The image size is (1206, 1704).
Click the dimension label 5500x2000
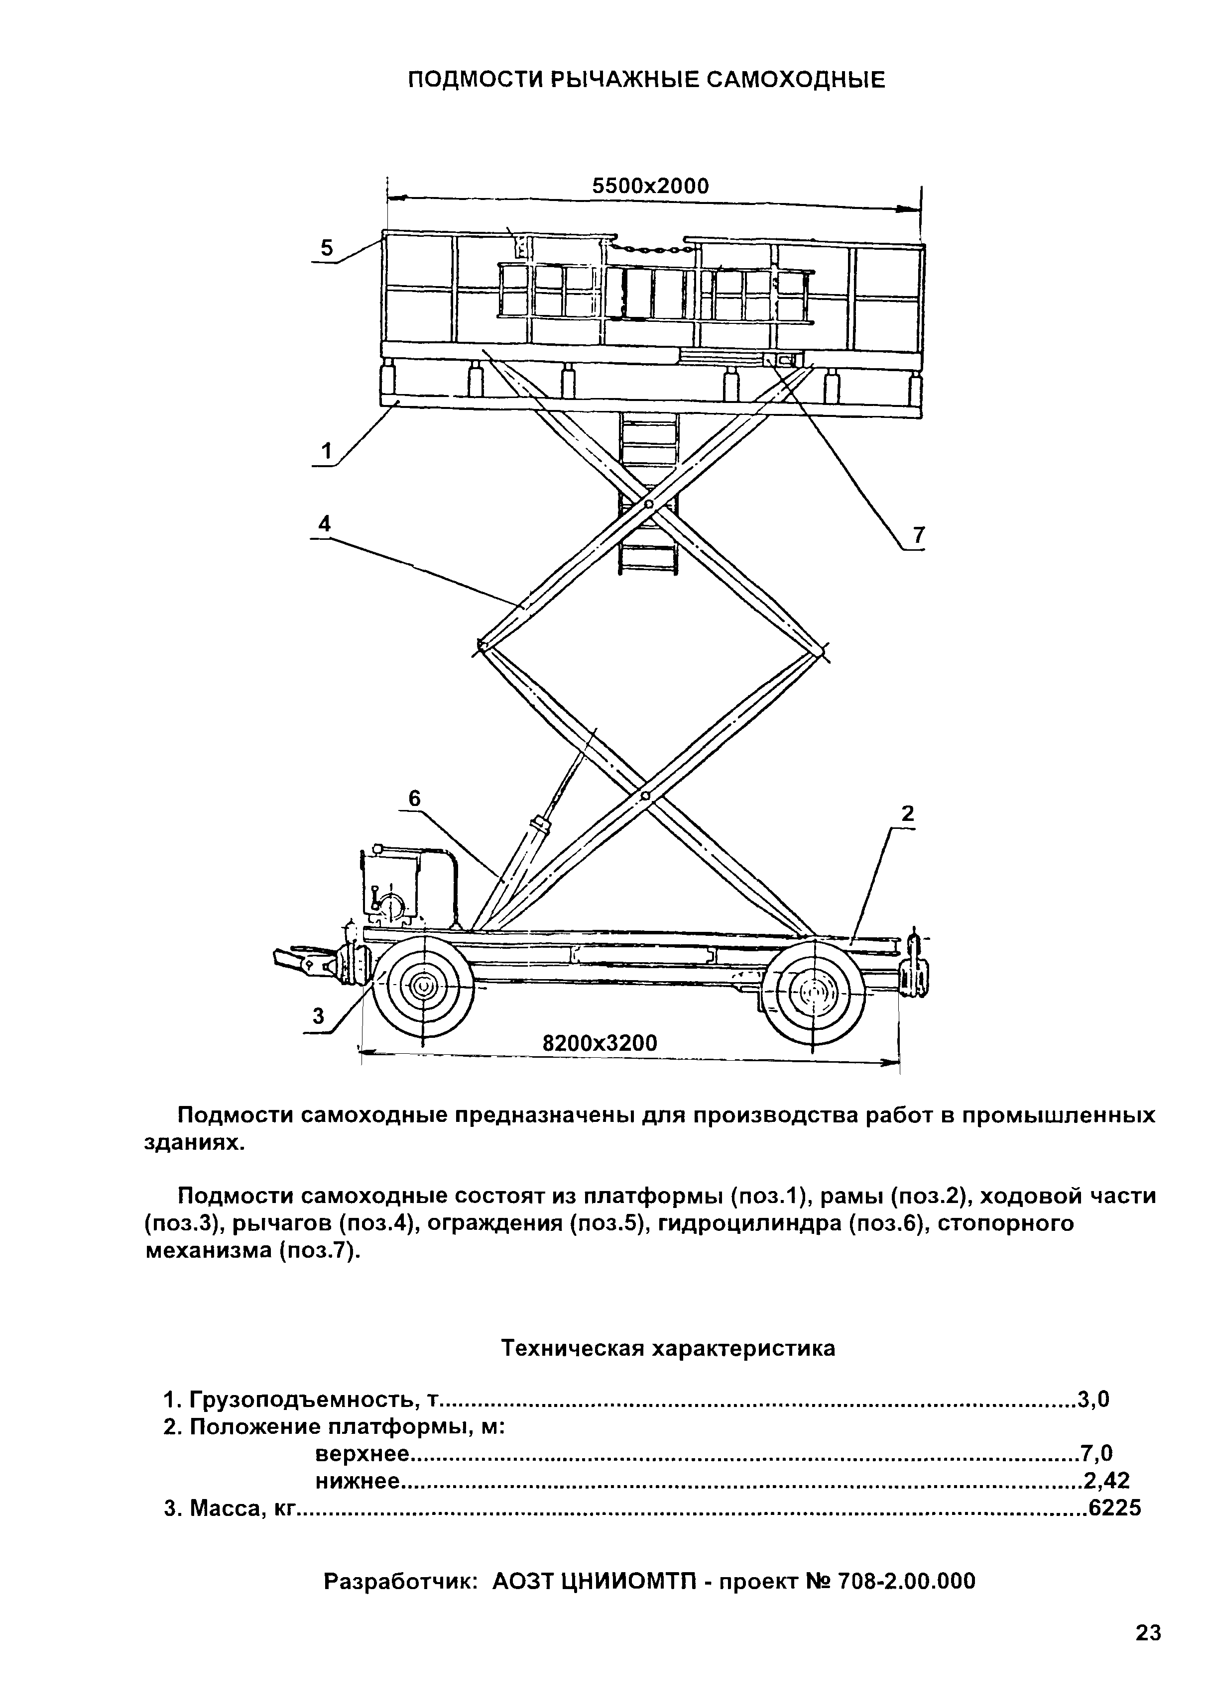[x=650, y=186]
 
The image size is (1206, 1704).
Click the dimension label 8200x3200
[x=600, y=1043]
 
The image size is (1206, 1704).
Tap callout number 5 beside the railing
[x=327, y=248]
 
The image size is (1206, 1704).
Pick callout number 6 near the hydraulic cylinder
[x=414, y=799]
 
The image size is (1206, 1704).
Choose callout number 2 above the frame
[x=907, y=814]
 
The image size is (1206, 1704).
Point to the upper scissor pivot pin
[x=648, y=504]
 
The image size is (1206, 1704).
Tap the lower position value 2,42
[x=1106, y=1481]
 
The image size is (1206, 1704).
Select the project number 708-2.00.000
[x=906, y=1582]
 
